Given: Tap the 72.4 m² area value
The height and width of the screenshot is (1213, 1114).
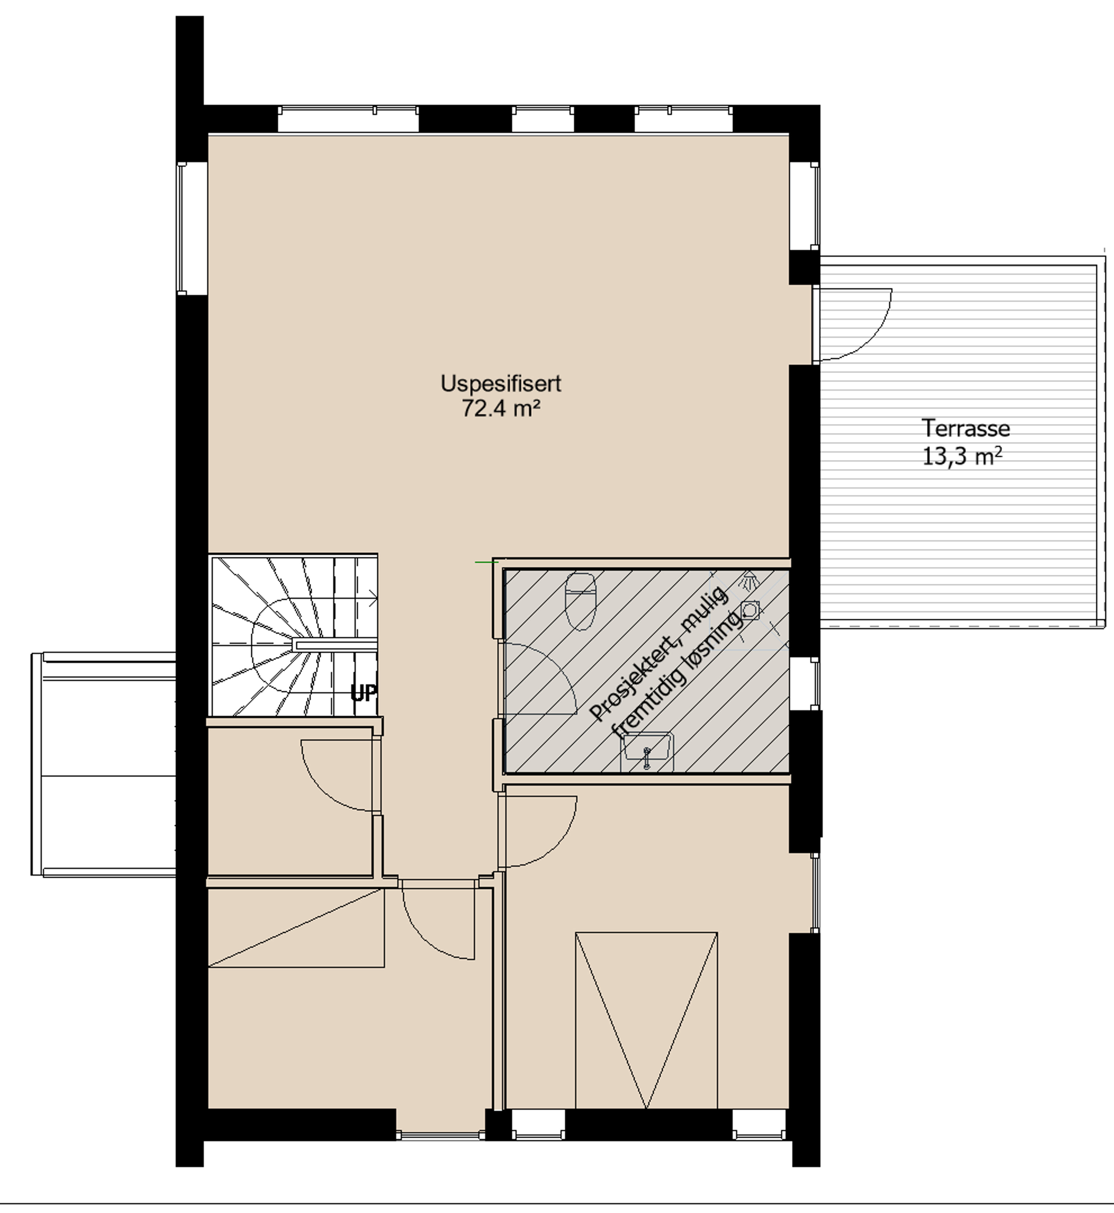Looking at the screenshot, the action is pyautogui.click(x=501, y=409).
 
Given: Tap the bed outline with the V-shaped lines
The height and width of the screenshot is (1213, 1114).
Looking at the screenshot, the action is pyautogui.click(x=646, y=1020).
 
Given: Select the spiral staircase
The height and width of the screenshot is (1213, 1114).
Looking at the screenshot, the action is pyautogui.click(x=294, y=636).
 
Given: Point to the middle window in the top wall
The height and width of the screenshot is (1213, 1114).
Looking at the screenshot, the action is pyautogui.click(x=542, y=119).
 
